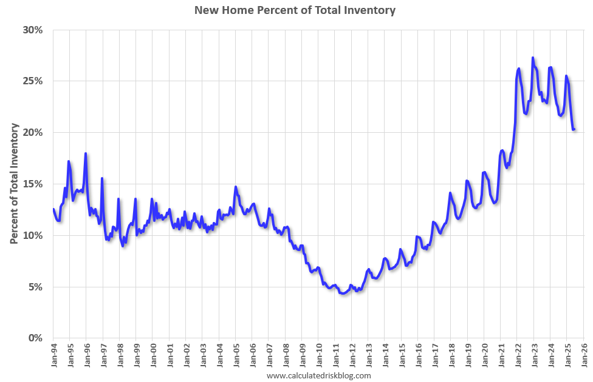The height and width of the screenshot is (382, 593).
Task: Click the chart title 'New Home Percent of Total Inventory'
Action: tap(295, 10)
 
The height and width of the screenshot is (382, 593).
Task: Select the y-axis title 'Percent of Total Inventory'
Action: tap(14, 184)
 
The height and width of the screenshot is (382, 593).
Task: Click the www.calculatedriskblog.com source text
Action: tap(318, 376)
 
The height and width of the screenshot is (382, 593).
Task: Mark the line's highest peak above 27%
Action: tap(533, 58)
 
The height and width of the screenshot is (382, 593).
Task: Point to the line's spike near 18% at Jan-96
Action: tap(86, 153)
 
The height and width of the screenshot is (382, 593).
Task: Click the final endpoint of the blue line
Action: tap(574, 129)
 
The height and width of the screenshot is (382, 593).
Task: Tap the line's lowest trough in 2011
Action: tap(343, 293)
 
